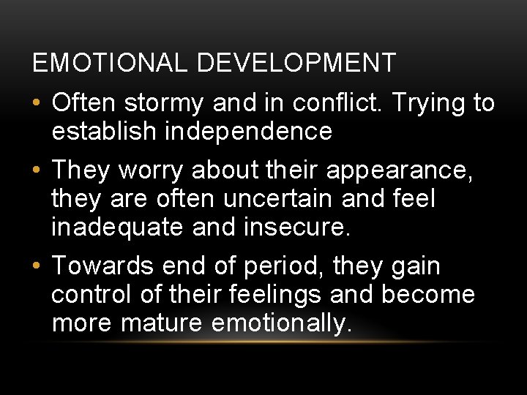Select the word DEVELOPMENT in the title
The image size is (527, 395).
point(296,63)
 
